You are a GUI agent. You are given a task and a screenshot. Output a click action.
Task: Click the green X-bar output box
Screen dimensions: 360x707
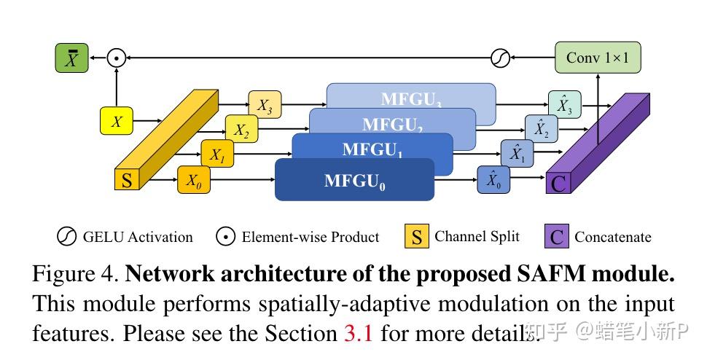(71, 58)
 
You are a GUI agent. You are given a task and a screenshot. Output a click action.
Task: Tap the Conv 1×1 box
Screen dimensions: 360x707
(598, 58)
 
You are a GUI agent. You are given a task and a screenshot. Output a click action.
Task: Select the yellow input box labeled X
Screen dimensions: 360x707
(117, 122)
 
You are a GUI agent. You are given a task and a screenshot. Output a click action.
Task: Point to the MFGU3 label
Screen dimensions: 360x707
(410, 99)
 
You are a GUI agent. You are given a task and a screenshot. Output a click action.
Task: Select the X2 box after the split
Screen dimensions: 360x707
(241, 130)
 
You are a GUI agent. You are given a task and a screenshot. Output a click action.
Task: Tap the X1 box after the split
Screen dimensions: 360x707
(217, 154)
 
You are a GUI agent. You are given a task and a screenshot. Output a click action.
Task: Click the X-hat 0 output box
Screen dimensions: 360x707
(493, 179)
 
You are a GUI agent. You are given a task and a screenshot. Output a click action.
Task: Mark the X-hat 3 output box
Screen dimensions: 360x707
(564, 105)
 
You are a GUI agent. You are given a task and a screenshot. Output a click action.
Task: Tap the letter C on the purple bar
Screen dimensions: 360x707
(558, 182)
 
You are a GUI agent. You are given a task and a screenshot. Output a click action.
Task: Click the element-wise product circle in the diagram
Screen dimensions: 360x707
(116, 58)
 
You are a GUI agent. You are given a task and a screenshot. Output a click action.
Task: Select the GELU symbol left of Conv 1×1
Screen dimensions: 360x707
(500, 58)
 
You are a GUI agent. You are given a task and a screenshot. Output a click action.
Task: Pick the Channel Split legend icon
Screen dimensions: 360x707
(417, 237)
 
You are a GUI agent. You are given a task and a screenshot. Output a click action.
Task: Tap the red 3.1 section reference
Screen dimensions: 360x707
(358, 333)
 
